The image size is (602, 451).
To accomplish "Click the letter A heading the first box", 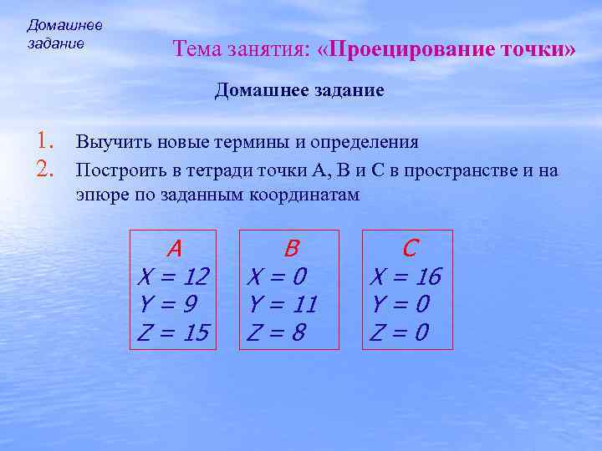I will [x=174, y=248].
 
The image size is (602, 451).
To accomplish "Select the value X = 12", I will [x=173, y=276].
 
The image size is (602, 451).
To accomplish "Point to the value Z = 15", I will [x=173, y=332].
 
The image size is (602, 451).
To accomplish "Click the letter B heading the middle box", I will [x=291, y=248].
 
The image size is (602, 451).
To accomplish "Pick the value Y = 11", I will [x=283, y=304].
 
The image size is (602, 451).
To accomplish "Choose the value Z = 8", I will [x=275, y=332].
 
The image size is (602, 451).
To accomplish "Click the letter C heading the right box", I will [x=410, y=248].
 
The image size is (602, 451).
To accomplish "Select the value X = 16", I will [x=406, y=276].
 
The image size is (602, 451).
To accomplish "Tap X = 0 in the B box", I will [x=275, y=276].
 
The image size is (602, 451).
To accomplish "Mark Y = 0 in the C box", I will [x=399, y=304].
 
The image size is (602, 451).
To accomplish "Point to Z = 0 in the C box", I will [x=399, y=332].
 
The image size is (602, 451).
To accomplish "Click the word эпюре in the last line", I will [x=99, y=195].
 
